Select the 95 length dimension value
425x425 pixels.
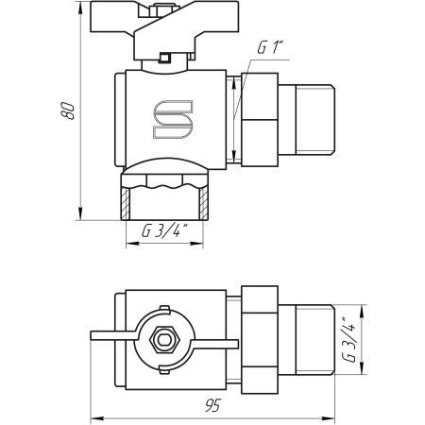tap(213, 405)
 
